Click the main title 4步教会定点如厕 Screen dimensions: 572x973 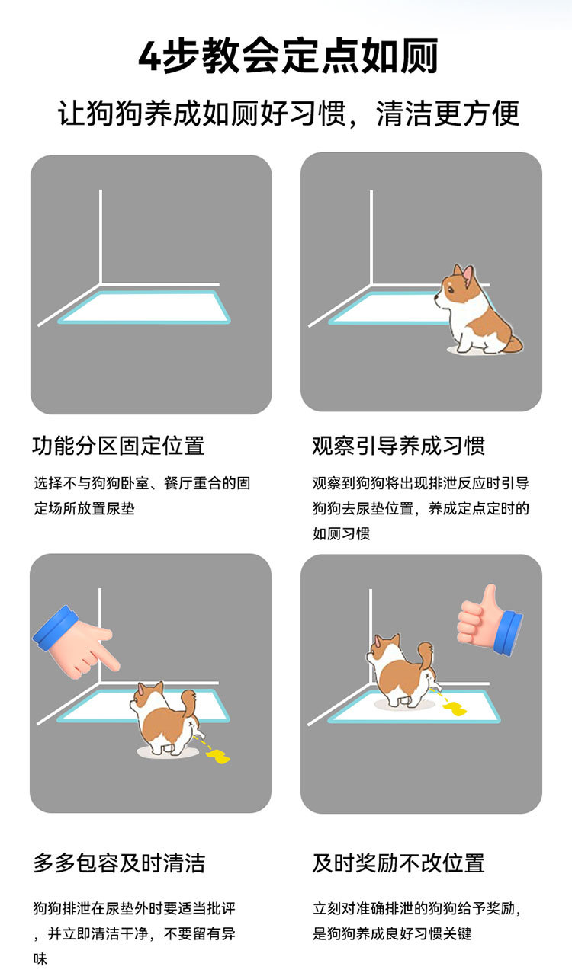(x=288, y=56)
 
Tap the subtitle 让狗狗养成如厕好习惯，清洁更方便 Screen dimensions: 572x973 (x=288, y=114)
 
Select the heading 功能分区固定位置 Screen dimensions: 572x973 (x=118, y=446)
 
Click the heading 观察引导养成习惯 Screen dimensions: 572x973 (x=398, y=446)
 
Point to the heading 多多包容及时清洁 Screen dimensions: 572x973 (x=119, y=863)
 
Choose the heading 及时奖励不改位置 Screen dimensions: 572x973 (x=398, y=863)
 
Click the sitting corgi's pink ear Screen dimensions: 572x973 (x=468, y=274)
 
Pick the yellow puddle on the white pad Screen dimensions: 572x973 (x=455, y=709)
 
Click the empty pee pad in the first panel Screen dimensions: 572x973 (x=144, y=307)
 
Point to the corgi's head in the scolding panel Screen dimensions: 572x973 (x=146, y=698)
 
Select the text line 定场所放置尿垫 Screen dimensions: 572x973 (x=85, y=508)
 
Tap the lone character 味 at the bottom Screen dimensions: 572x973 (x=40, y=959)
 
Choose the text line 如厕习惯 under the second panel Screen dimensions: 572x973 (x=341, y=533)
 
